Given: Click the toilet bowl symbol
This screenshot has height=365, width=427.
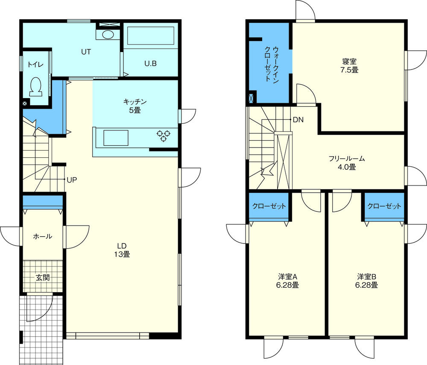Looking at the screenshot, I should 36,87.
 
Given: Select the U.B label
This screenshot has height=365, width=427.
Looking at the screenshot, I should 150,64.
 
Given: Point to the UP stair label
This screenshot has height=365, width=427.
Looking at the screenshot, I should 72,180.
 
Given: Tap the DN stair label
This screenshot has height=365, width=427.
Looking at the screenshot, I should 298,120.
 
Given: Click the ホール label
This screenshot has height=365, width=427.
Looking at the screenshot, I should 42,236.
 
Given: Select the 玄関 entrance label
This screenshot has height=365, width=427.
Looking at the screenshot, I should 42,278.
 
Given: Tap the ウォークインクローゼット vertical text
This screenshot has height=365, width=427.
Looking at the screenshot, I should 272,64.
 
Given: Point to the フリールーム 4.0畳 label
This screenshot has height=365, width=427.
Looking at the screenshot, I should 346,163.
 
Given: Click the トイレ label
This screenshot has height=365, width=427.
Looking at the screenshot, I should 35,65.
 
